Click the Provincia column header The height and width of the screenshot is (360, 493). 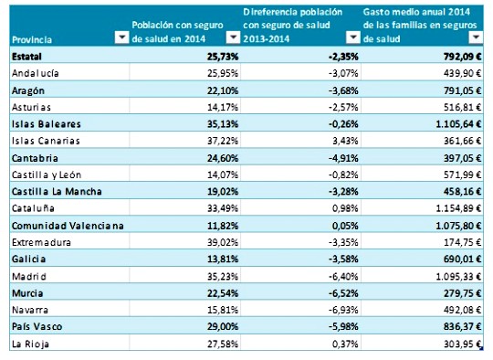click(x=33, y=40)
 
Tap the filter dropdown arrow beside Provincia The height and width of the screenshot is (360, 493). click(x=121, y=38)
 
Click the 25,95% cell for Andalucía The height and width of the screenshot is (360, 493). click(x=220, y=73)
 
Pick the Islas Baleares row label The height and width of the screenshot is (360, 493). click(x=47, y=124)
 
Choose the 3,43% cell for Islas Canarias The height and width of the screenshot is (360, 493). click(x=333, y=141)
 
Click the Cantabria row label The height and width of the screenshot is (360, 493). click(x=36, y=158)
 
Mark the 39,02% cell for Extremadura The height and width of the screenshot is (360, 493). click(x=220, y=243)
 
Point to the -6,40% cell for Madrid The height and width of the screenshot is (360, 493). click(x=331, y=277)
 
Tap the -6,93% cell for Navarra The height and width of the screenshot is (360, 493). click(x=331, y=311)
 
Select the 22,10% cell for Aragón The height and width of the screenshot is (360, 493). click(x=220, y=90)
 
